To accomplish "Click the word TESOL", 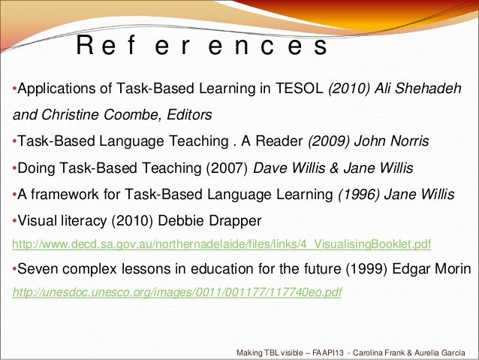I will [x=299, y=91].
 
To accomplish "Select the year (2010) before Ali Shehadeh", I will [x=346, y=91].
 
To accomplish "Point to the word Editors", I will [x=190, y=116].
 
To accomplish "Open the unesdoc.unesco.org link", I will [x=177, y=292].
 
